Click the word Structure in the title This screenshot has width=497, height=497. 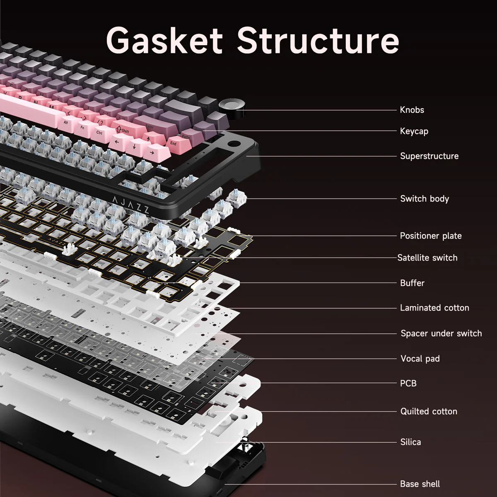pyautogui.click(x=318, y=40)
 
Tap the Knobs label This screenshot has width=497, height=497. pyautogui.click(x=412, y=110)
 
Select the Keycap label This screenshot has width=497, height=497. pyautogui.click(x=414, y=131)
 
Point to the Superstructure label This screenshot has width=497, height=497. pyautogui.click(x=429, y=156)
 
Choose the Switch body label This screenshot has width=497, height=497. pyautogui.click(x=424, y=199)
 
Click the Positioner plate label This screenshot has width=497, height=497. pyautogui.click(x=430, y=236)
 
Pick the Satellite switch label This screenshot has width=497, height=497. pyautogui.click(x=427, y=258)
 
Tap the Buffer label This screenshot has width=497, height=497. pyautogui.click(x=412, y=283)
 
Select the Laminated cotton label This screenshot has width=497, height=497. pyautogui.click(x=434, y=308)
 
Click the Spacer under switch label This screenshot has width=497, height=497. pyautogui.click(x=441, y=333)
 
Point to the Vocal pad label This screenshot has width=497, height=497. pyautogui.click(x=420, y=359)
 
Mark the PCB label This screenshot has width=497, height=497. pyautogui.click(x=408, y=384)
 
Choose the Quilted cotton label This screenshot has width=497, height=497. pyautogui.click(x=428, y=412)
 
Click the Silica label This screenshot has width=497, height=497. pyautogui.click(x=410, y=442)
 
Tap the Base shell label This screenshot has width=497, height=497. pyautogui.click(x=420, y=484)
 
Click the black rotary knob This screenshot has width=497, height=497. pyautogui.click(x=229, y=106)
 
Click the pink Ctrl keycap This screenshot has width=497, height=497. pyautogui.click(x=100, y=133)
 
